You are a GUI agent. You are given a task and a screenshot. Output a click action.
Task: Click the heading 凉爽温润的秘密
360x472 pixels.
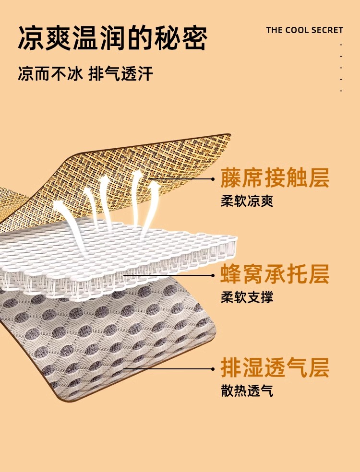[112, 38]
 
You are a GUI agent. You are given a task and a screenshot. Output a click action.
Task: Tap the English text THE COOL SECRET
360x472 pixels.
[304, 30]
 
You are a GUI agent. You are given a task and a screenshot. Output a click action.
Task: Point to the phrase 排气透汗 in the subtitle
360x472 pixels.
[120, 74]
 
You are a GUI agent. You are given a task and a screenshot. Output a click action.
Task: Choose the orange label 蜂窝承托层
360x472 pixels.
[275, 274]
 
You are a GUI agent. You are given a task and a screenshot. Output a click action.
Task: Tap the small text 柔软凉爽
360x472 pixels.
[247, 201]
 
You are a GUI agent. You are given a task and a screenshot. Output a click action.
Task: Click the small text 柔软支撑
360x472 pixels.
[247, 297]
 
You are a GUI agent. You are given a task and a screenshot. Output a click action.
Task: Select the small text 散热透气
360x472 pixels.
[247, 391]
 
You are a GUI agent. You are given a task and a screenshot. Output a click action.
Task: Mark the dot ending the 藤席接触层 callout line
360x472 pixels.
[213, 179]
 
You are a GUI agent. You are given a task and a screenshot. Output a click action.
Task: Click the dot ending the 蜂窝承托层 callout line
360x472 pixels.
[213, 275]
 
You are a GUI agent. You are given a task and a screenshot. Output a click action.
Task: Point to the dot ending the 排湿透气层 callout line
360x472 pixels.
[213, 369]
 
